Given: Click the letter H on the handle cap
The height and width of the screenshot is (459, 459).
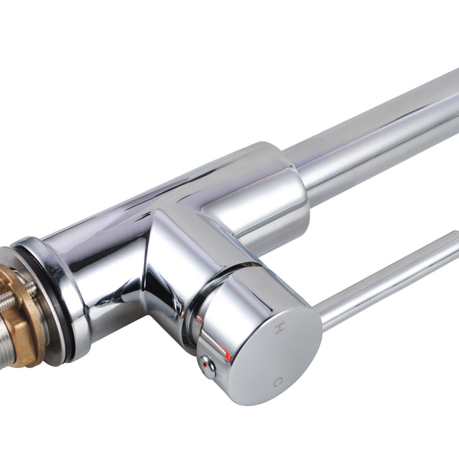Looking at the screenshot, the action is click(x=279, y=327).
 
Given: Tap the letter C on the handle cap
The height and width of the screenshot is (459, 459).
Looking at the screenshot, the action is click(x=278, y=381).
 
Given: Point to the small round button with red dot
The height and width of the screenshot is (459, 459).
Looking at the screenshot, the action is click(x=207, y=366).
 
